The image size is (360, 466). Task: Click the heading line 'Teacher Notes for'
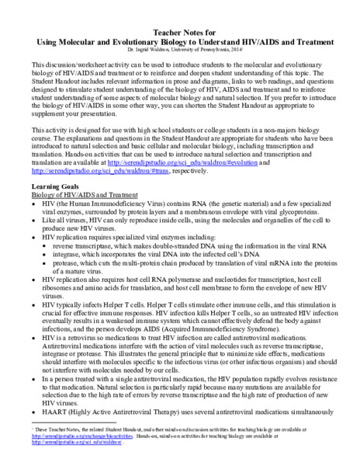coord(180,25)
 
